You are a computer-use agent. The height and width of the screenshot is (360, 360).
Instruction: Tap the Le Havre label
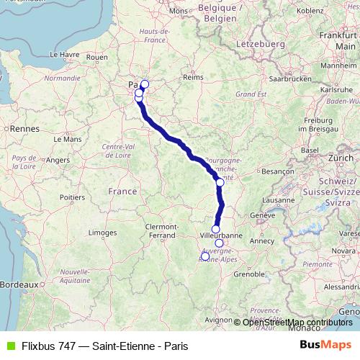coord(63,54)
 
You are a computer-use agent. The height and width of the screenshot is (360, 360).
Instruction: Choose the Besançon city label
coord(278,172)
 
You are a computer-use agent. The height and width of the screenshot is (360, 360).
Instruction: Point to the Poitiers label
coord(73,196)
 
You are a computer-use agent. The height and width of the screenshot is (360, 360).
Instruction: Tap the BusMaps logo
coord(326,346)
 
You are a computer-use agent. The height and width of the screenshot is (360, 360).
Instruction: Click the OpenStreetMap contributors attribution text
coord(297,322)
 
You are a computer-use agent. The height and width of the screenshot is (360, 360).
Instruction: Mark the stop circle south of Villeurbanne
coord(219,243)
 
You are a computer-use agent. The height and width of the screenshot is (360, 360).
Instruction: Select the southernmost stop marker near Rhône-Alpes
coord(204,256)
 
